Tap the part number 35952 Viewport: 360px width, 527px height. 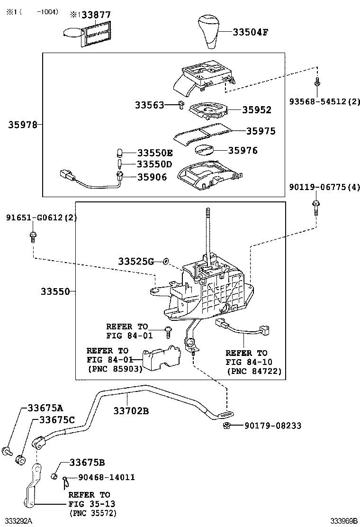(x=257, y=110)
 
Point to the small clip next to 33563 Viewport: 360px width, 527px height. (x=180, y=105)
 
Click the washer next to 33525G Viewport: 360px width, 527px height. (x=165, y=261)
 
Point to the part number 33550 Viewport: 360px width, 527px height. (x=54, y=291)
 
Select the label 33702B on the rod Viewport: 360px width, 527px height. (x=131, y=411)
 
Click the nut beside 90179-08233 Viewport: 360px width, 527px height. (x=226, y=425)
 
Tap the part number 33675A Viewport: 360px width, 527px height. (x=45, y=408)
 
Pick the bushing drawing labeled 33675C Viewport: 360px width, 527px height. (x=21, y=458)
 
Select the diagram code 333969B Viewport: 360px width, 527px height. (x=344, y=521)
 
